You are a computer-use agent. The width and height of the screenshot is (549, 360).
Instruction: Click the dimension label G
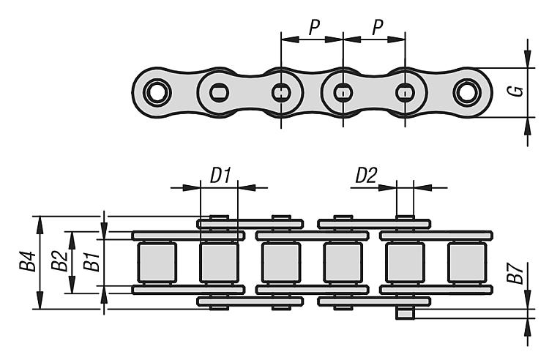(518, 91)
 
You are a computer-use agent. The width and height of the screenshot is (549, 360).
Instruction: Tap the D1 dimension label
(220, 175)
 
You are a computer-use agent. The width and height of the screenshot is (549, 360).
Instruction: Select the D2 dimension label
(366, 175)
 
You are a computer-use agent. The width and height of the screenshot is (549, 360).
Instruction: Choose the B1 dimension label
(91, 262)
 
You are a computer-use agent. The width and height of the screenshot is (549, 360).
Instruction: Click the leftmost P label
(313, 27)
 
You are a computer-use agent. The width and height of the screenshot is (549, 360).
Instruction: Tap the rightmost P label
(377, 27)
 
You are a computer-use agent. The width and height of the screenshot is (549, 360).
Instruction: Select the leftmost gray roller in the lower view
(157, 262)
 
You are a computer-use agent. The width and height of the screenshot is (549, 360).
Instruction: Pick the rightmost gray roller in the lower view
(467, 262)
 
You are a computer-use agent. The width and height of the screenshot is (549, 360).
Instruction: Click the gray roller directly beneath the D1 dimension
(219, 262)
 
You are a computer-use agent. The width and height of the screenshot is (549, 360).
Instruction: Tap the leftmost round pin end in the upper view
(157, 92)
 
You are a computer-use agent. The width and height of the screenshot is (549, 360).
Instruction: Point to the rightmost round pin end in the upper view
(467, 92)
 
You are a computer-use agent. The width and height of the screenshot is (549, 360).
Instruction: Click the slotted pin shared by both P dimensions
(343, 92)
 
